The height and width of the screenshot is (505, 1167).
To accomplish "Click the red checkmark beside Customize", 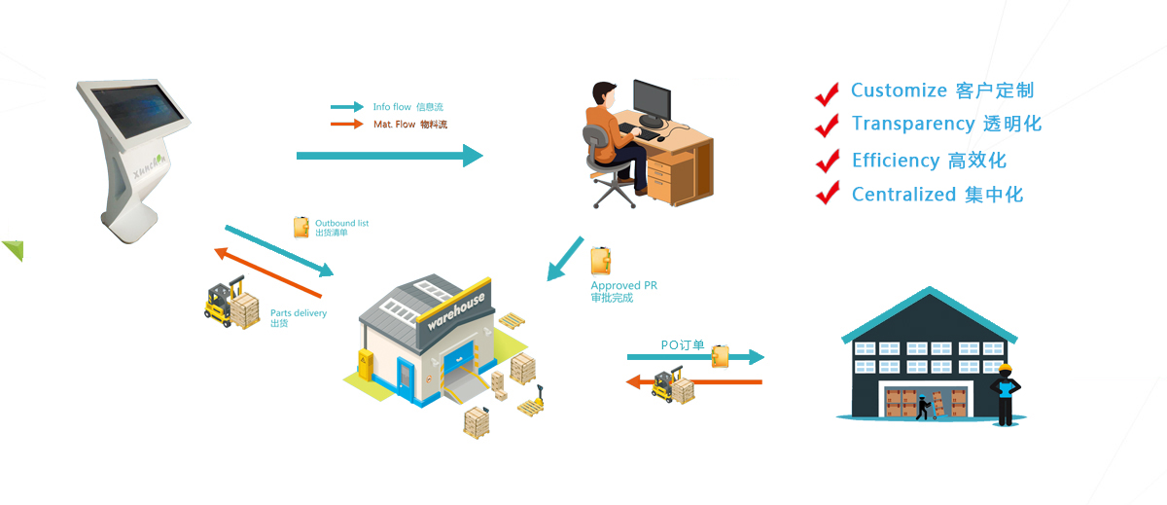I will click(827, 92).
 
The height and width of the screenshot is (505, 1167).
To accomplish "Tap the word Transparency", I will click(912, 124).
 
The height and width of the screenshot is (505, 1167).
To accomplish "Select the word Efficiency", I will click(895, 161).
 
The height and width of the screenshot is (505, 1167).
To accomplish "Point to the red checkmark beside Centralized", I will click(827, 193).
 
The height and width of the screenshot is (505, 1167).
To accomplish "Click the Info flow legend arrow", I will click(346, 107).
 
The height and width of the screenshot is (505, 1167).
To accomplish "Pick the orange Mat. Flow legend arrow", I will click(346, 125).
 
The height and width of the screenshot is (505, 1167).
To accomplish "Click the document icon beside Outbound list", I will click(302, 228).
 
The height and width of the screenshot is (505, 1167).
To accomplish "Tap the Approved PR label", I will click(623, 286).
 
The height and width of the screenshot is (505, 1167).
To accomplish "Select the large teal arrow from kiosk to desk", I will click(389, 155).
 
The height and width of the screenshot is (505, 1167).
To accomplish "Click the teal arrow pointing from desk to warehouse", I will click(565, 260).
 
